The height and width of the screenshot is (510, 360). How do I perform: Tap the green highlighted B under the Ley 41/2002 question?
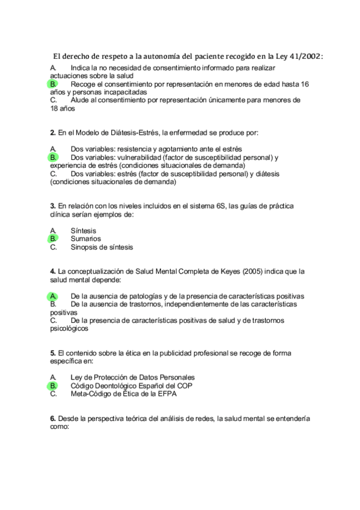53,85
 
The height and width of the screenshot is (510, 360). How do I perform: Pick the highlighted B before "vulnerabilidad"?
53,157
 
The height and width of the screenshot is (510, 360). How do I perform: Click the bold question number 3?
52,206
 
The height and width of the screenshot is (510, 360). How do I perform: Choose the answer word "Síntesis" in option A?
83,230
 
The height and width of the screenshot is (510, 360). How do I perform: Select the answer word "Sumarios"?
85,239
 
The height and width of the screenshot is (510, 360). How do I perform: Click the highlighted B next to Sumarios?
53,239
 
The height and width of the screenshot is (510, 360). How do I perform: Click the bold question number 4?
52,272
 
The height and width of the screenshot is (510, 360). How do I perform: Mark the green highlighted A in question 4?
53,296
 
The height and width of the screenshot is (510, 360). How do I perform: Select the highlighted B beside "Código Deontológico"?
53,386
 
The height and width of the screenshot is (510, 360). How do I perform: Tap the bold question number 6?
52,419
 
